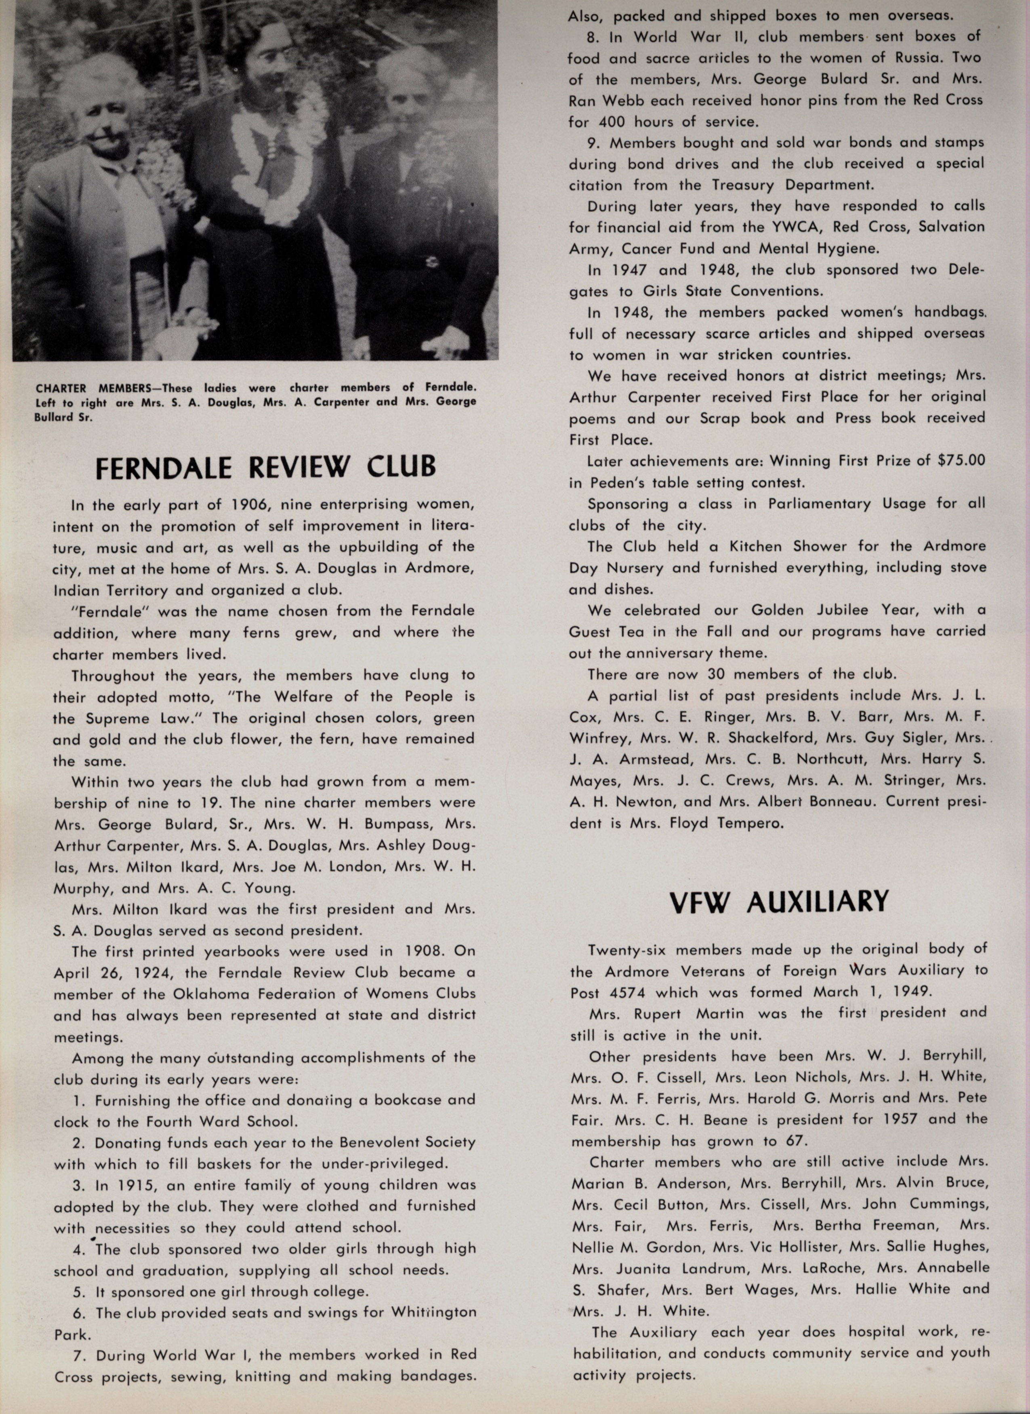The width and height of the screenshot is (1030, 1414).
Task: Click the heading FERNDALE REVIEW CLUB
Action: point(266,467)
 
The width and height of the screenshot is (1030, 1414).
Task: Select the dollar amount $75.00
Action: point(961,461)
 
